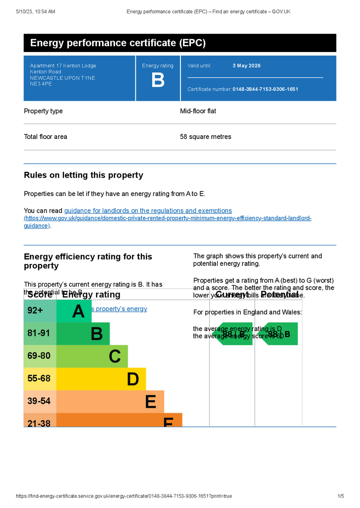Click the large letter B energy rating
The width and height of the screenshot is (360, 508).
click(158, 80)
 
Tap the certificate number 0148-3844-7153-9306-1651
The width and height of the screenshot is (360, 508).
click(265, 89)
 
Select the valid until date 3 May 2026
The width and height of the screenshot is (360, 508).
click(246, 65)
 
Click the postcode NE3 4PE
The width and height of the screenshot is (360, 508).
click(41, 84)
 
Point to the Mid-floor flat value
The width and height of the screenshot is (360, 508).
click(198, 111)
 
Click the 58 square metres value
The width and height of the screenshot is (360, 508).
click(205, 137)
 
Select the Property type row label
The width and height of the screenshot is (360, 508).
click(43, 111)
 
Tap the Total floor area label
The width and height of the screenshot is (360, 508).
click(46, 137)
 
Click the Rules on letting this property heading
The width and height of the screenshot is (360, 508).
click(83, 175)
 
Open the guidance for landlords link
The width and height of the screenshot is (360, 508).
click(148, 211)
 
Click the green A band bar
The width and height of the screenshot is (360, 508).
click(74, 312)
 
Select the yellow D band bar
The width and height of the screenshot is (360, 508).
click(101, 379)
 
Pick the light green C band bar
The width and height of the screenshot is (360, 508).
click(92, 356)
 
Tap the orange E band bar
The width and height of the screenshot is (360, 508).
click(110, 401)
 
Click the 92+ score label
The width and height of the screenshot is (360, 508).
click(36, 311)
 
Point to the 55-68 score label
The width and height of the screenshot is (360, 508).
click(39, 379)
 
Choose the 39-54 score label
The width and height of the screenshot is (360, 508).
click(39, 401)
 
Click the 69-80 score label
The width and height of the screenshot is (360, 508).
click(39, 356)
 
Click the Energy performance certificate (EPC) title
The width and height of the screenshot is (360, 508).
click(118, 43)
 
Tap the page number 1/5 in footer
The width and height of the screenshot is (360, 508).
click(341, 496)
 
